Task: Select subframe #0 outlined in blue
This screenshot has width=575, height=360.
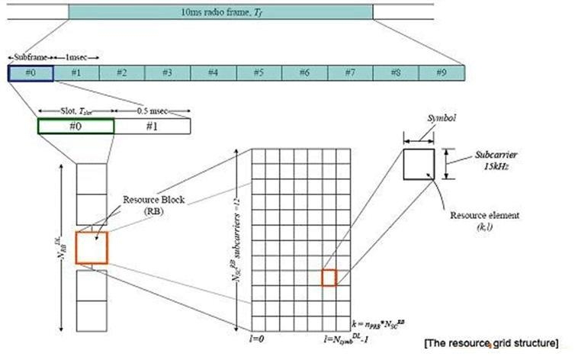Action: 31,73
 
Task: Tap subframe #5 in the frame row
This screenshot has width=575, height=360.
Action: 259,73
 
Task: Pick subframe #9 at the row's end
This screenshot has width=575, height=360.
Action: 441,73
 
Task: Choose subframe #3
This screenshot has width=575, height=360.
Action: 167,73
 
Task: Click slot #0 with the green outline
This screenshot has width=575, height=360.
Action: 75,127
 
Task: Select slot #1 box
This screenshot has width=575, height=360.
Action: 152,127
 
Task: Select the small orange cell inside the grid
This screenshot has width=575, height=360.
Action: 329,278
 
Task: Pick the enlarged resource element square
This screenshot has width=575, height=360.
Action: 419,164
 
